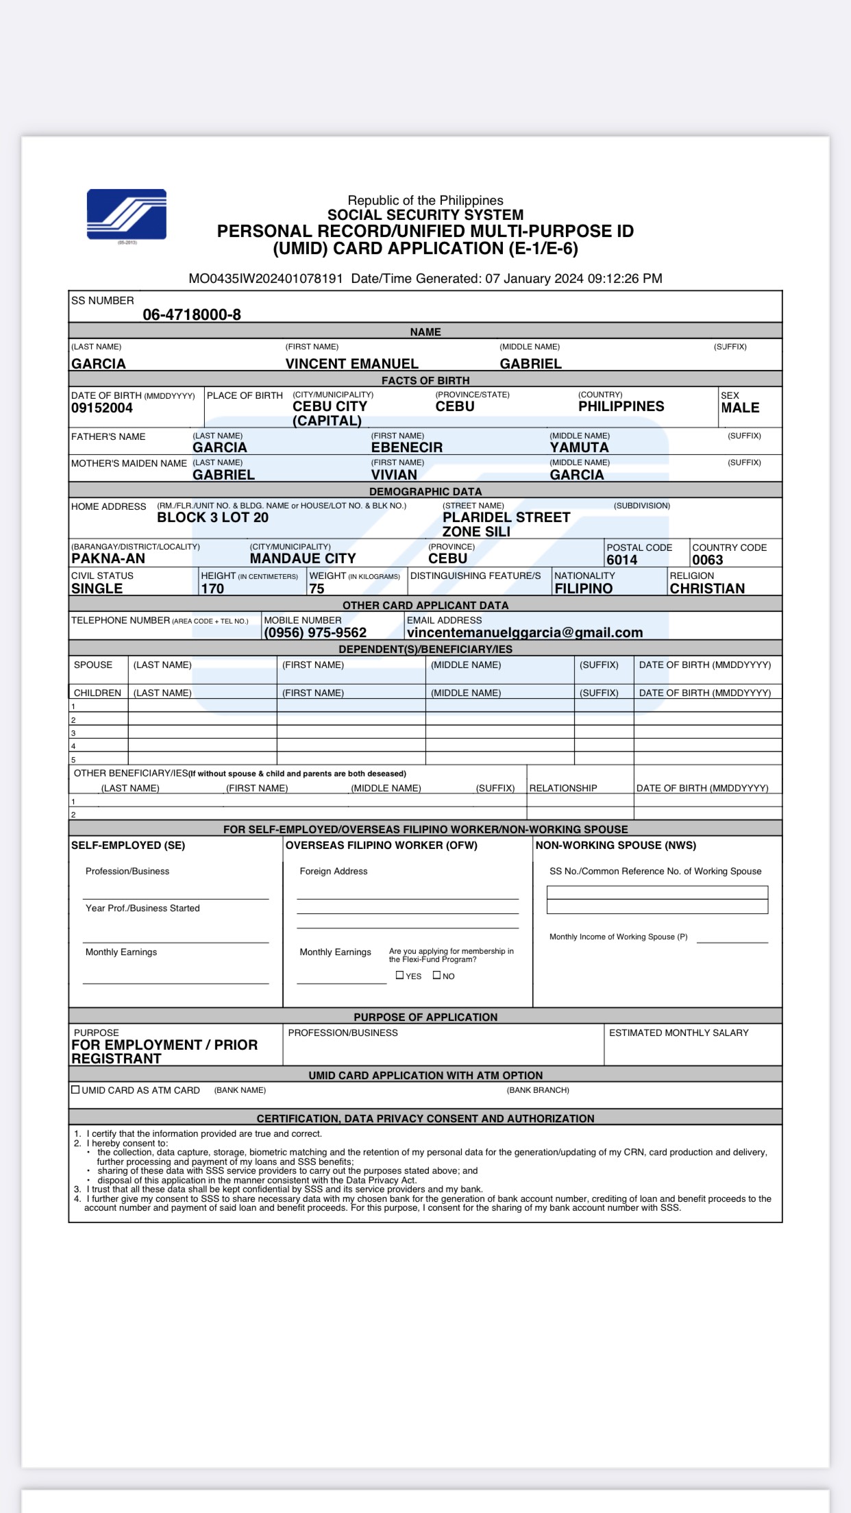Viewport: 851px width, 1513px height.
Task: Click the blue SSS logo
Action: click(x=127, y=214)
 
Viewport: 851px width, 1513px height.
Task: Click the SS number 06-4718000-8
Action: click(x=192, y=315)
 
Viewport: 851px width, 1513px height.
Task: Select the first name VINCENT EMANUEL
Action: click(x=351, y=364)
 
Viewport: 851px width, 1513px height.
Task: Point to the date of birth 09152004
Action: click(x=102, y=408)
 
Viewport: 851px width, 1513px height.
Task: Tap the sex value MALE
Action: click(x=740, y=408)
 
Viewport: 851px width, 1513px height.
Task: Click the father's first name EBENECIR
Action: click(x=407, y=447)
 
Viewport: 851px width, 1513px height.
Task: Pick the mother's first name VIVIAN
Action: click(x=394, y=475)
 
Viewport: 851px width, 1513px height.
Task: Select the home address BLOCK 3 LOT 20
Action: click(x=212, y=518)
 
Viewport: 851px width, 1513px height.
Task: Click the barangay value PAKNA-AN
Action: click(x=108, y=559)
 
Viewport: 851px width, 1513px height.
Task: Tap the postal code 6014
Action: click(x=622, y=560)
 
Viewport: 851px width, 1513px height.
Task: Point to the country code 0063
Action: click(x=708, y=560)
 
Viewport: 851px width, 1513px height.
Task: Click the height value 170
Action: click(x=212, y=589)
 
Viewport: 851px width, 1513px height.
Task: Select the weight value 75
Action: click(x=317, y=589)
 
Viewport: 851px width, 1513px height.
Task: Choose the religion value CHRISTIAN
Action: click(x=707, y=589)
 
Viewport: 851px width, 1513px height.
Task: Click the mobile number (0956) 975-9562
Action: click(x=315, y=632)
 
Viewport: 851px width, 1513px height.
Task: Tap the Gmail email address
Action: click(x=525, y=632)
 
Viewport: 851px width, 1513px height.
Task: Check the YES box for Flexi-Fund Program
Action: click(x=400, y=975)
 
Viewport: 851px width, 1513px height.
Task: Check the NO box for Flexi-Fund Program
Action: click(x=437, y=975)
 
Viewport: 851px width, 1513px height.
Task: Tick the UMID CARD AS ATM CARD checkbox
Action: click(x=75, y=1090)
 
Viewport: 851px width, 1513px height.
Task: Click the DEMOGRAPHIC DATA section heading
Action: click(x=425, y=491)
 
